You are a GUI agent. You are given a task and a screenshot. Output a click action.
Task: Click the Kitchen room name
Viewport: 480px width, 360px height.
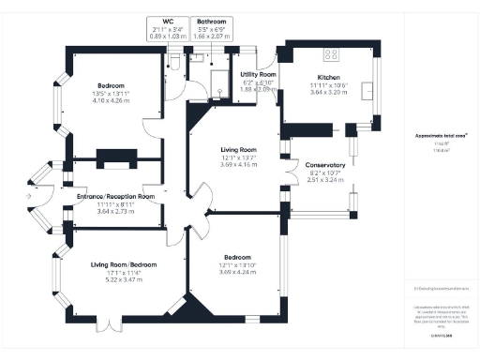click(328, 78)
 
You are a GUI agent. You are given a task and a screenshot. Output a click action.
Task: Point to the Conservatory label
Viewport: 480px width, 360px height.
click(325, 165)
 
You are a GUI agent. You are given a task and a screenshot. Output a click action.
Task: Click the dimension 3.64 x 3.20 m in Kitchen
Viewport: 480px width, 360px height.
click(328, 93)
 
